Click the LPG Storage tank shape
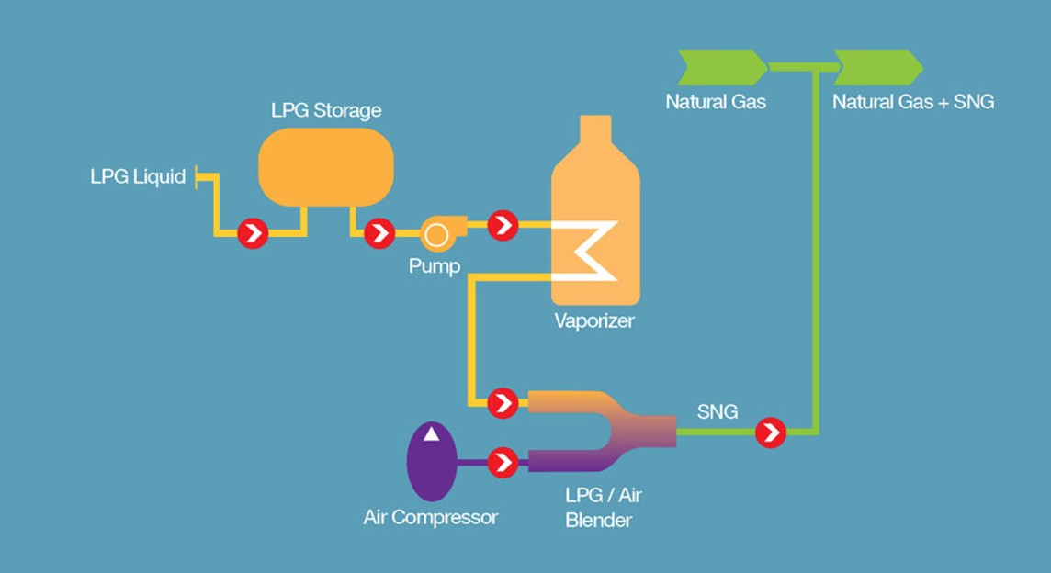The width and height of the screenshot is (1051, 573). (326, 166)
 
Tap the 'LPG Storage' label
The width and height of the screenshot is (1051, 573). (326, 111)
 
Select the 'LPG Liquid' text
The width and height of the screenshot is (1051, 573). (138, 176)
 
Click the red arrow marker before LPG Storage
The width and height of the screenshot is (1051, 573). (253, 234)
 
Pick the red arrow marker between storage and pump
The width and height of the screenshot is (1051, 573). (379, 234)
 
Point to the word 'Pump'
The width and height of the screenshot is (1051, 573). (435, 266)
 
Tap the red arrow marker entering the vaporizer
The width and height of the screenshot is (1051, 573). (503, 224)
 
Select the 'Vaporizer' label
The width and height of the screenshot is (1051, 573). (594, 321)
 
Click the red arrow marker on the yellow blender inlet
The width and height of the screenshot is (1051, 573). (503, 402)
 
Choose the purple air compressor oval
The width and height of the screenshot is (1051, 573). (431, 462)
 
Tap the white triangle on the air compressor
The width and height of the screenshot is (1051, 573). (431, 435)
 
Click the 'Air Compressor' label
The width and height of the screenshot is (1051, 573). (431, 518)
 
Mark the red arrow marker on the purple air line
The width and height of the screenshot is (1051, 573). (503, 462)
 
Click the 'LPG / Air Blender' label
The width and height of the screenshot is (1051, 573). (603, 508)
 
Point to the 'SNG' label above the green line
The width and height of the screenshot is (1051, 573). (718, 412)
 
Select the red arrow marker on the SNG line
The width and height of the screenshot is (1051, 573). (771, 432)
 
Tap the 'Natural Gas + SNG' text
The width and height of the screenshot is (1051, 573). (913, 102)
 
